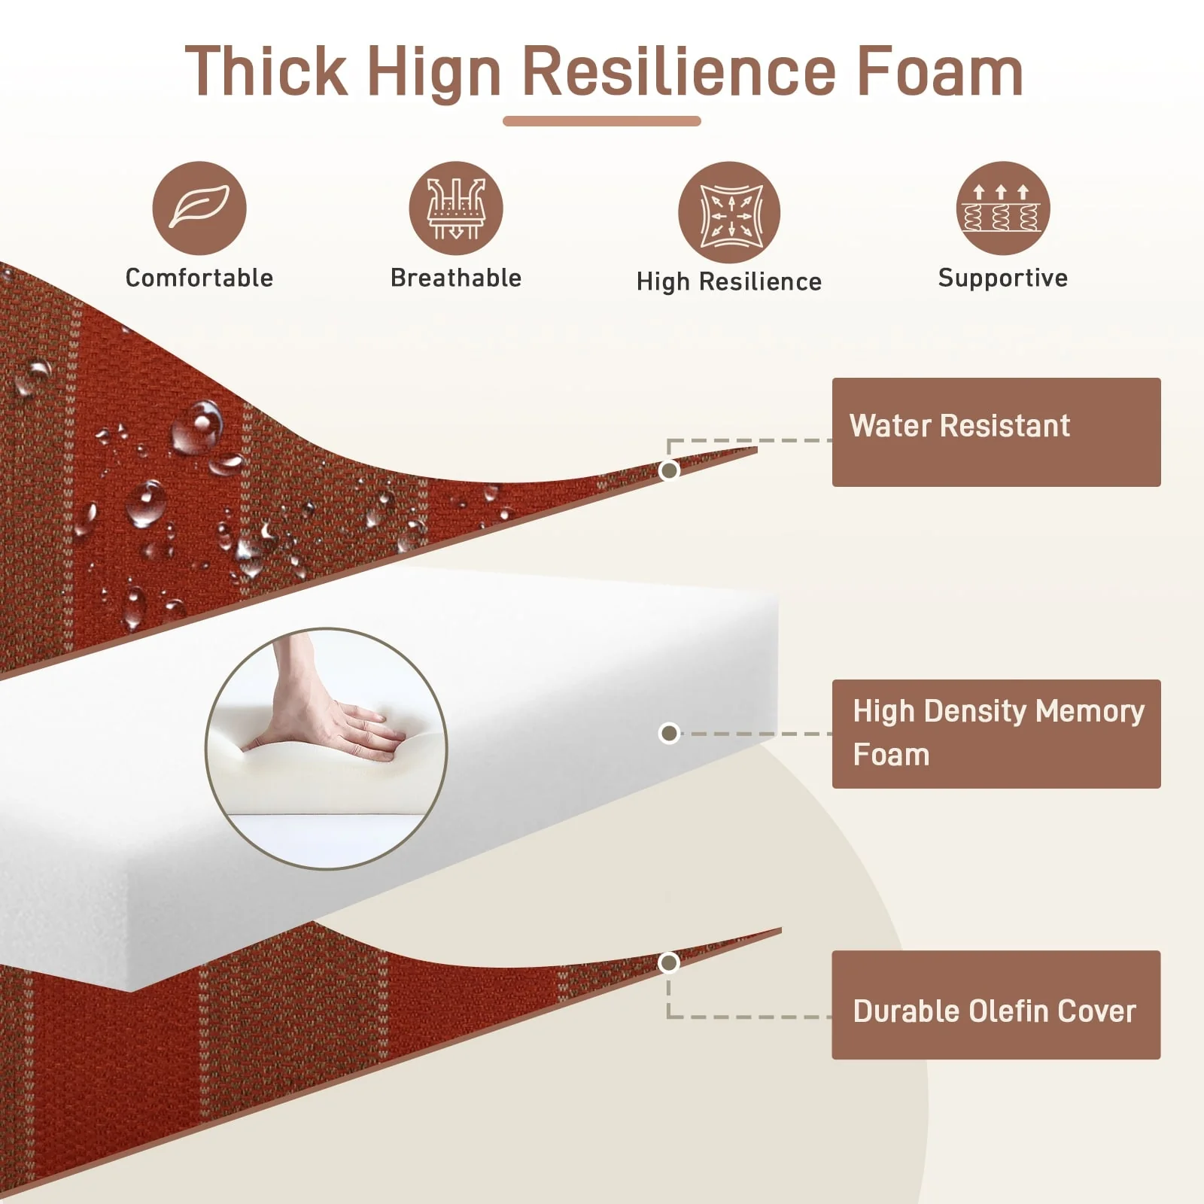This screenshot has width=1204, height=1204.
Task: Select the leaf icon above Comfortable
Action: click(199, 208)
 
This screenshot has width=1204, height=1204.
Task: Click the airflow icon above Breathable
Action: click(456, 208)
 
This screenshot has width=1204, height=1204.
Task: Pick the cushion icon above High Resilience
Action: click(729, 212)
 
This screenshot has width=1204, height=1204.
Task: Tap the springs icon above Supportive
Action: click(1003, 208)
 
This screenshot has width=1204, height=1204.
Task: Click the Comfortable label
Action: click(199, 278)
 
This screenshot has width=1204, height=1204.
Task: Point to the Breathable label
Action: click(456, 278)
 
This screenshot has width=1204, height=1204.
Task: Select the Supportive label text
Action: click(1003, 278)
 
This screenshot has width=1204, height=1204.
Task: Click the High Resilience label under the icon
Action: click(729, 281)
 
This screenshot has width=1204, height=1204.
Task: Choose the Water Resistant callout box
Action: click(996, 432)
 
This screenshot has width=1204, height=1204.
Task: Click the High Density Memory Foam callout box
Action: click(996, 734)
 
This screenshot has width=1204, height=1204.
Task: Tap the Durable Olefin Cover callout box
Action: click(996, 1005)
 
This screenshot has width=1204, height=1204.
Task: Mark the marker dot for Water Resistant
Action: click(669, 470)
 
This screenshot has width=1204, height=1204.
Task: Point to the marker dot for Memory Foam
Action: click(669, 733)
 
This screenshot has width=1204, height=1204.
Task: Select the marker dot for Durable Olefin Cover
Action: click(669, 962)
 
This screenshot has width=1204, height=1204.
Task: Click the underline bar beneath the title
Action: click(602, 121)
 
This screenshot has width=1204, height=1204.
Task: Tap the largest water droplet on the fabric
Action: click(197, 427)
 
